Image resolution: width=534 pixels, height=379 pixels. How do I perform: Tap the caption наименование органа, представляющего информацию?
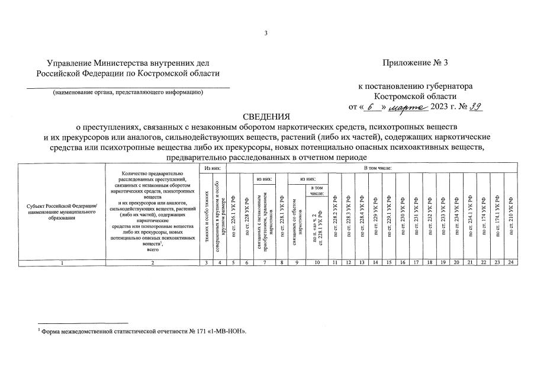128,92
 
